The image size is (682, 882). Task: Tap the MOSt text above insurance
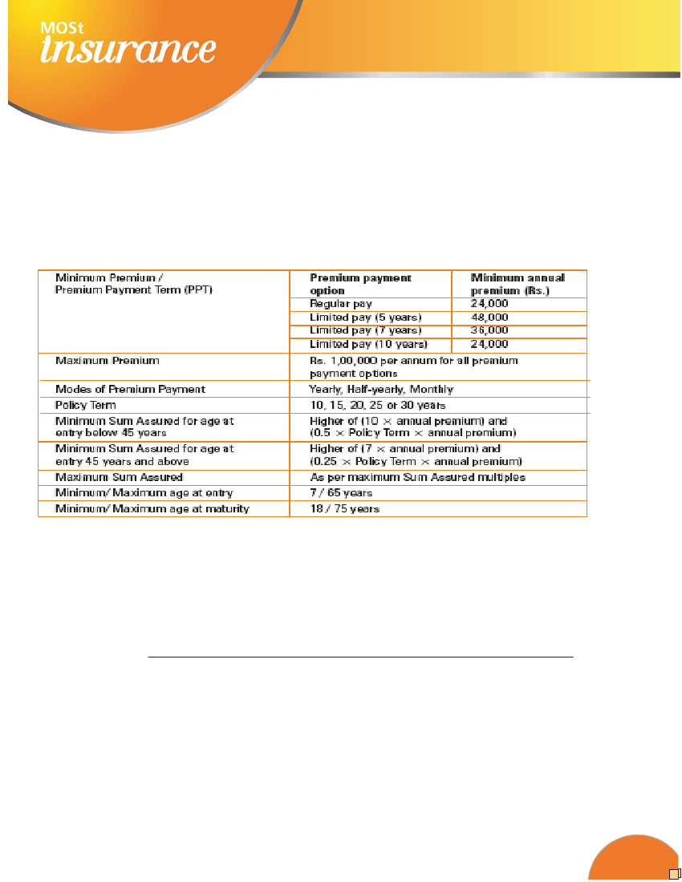coord(60,28)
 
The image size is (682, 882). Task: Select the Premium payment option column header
coord(360,284)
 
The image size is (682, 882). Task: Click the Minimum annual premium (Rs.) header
coord(518,284)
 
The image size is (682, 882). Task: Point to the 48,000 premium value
coord(489,317)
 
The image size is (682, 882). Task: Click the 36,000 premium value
coord(489,330)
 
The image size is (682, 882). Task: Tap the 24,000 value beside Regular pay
coord(489,304)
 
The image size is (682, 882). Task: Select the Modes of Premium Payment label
coord(130,389)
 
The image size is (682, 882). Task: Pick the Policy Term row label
coord(86,405)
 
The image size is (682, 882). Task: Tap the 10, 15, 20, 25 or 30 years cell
coord(377,405)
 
